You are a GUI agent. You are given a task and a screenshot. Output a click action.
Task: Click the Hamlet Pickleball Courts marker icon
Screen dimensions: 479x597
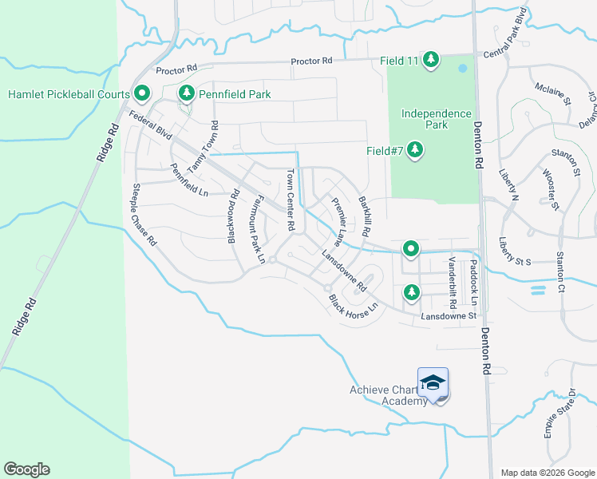[142, 94]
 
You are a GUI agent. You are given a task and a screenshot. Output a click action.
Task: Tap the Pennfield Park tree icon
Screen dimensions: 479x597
[186, 94]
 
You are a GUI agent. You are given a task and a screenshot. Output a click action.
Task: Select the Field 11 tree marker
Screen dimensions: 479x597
[431, 59]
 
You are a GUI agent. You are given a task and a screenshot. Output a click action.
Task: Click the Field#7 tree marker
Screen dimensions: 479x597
[414, 149]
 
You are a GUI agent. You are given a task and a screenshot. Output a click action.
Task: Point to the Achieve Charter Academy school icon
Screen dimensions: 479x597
[433, 383]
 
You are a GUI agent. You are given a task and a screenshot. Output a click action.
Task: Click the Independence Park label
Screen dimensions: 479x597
[436, 119]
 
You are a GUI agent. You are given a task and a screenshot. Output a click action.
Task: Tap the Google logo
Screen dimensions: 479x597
[26, 469]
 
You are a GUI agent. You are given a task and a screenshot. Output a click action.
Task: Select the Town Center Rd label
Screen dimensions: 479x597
[291, 200]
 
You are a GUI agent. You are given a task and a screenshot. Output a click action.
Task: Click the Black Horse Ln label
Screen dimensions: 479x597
[353, 304]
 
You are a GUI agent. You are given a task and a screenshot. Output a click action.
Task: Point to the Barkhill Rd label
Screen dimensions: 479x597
[365, 216]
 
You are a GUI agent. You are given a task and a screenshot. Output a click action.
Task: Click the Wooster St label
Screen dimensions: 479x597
[548, 188]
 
